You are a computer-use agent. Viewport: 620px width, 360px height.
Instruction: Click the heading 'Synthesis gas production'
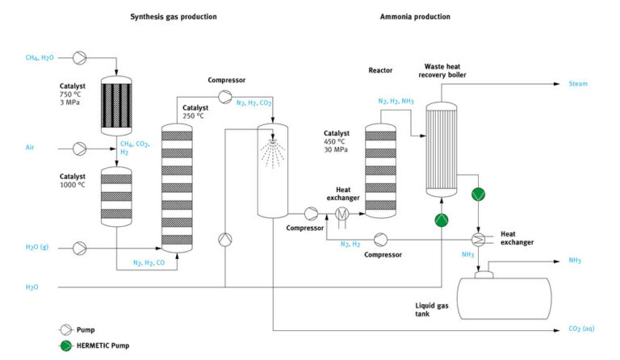pyautogui.click(x=173, y=16)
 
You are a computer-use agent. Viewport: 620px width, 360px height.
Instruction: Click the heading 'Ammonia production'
pyautogui.click(x=415, y=16)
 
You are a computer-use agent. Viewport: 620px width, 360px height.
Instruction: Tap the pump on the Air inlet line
pyautogui.click(x=81, y=149)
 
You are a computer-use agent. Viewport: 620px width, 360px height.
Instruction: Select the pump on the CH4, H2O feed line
pyautogui.click(x=81, y=57)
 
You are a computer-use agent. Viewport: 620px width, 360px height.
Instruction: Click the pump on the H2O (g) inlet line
pyautogui.click(x=81, y=247)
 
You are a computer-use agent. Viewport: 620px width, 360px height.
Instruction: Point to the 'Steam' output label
pyautogui.click(x=579, y=83)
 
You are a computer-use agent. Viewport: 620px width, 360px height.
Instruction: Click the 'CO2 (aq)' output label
pyautogui.click(x=582, y=330)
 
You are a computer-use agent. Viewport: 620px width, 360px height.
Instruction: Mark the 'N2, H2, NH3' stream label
pyautogui.click(x=396, y=102)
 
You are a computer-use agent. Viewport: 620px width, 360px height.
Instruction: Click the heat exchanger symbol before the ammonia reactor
pyautogui.click(x=339, y=214)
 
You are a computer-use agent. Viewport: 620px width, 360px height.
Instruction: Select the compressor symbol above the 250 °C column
pyautogui.click(x=224, y=97)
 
